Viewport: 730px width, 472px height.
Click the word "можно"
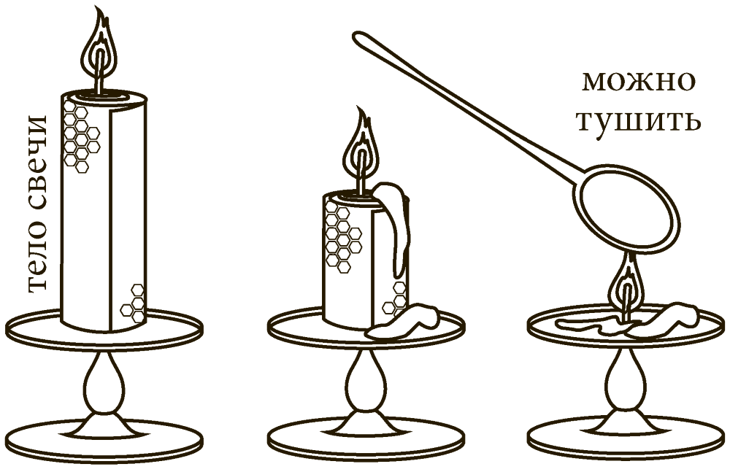(x=639, y=82)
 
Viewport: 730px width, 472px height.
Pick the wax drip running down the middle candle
(x=396, y=223)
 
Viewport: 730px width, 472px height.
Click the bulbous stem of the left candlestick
(x=104, y=382)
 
